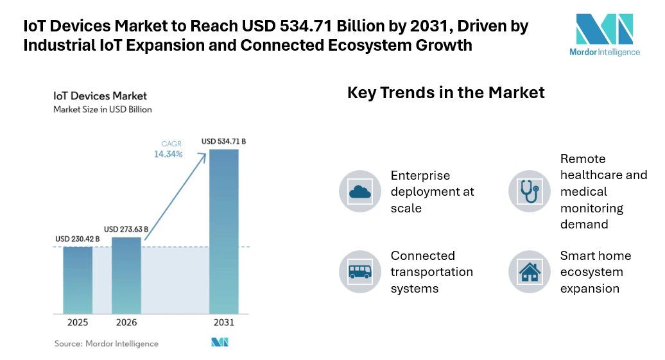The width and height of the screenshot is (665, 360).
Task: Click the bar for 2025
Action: pyautogui.click(x=78, y=280)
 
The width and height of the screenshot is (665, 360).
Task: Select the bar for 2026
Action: pyautogui.click(x=126, y=276)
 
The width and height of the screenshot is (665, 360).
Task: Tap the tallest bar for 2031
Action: pyautogui.click(x=224, y=232)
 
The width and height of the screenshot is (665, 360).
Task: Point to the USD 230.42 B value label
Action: pyautogui.click(x=78, y=239)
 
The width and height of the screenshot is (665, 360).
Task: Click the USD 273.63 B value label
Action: pyautogui.click(x=126, y=229)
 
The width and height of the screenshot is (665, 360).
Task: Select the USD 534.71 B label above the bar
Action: pyautogui.click(x=223, y=141)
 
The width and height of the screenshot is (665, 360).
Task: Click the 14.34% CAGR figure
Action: pyautogui.click(x=168, y=155)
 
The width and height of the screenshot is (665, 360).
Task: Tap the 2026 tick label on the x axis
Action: pyautogui.click(x=126, y=323)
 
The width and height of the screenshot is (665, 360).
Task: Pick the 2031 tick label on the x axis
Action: pyautogui.click(x=224, y=323)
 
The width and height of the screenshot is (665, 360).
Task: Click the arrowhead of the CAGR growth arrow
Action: pyautogui.click(x=203, y=157)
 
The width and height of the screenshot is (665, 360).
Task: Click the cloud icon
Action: pyautogui.click(x=360, y=193)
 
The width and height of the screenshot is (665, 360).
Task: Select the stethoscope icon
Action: pyautogui.click(x=530, y=192)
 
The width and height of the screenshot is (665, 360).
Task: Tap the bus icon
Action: pyautogui.click(x=360, y=271)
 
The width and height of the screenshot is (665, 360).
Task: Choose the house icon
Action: pyautogui.click(x=530, y=272)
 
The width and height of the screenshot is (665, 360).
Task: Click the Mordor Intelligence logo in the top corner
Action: pyautogui.click(x=605, y=35)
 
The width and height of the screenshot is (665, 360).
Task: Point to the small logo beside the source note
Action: pyautogui.click(x=220, y=342)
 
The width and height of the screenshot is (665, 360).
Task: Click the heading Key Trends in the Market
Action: pyautogui.click(x=445, y=92)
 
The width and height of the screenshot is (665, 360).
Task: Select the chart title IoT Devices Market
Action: pyautogui.click(x=100, y=96)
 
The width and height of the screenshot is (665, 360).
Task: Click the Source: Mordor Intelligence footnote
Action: pyautogui.click(x=107, y=343)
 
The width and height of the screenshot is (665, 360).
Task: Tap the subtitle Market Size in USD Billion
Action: pyautogui.click(x=103, y=109)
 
